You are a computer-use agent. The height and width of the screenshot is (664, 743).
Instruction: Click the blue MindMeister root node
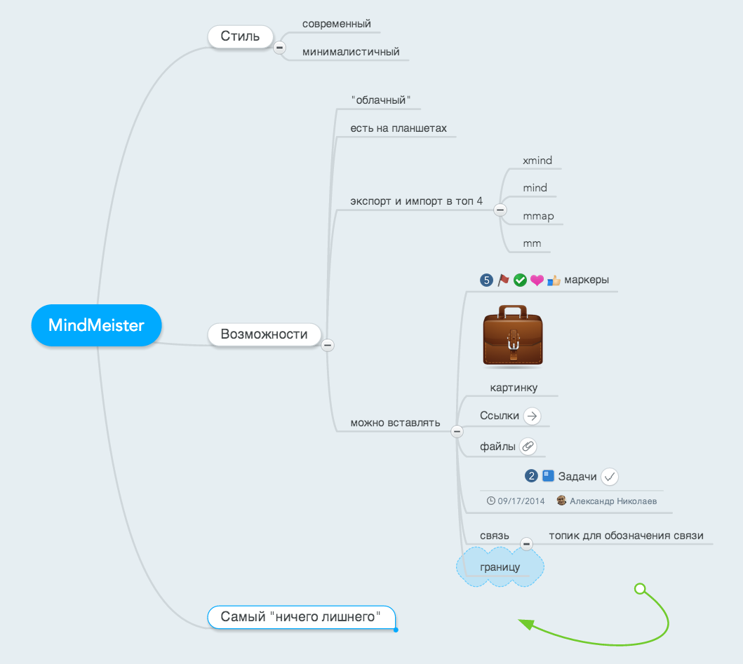click(x=97, y=325)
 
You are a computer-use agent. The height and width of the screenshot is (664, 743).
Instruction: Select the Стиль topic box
click(x=240, y=36)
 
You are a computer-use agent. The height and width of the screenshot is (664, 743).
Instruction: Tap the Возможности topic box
click(x=265, y=334)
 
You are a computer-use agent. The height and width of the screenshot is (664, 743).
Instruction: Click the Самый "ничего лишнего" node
click(x=301, y=617)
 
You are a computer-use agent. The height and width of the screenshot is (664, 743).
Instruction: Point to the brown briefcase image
click(x=513, y=335)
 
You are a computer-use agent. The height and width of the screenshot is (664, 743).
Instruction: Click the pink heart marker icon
click(x=537, y=280)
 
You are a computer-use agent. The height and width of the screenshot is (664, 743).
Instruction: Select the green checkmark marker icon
click(x=521, y=280)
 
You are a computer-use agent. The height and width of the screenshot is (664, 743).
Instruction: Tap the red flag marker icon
click(x=503, y=280)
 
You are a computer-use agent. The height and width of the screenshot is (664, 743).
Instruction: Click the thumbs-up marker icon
click(x=554, y=280)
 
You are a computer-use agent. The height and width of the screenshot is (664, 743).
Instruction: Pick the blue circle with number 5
click(x=487, y=280)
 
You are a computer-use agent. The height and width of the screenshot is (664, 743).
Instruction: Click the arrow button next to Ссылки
click(x=532, y=416)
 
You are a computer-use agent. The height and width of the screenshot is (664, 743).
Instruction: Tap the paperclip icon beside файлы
click(x=528, y=446)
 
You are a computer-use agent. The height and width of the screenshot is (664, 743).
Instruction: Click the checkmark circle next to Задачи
click(x=610, y=477)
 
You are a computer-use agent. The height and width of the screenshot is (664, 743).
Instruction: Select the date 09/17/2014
click(x=521, y=501)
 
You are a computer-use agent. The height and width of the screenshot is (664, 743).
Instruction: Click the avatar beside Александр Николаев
click(x=561, y=501)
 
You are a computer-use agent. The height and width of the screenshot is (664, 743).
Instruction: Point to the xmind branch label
click(x=537, y=161)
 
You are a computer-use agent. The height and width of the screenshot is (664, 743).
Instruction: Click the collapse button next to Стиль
click(x=279, y=48)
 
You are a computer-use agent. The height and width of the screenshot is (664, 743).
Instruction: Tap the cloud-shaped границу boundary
click(x=500, y=567)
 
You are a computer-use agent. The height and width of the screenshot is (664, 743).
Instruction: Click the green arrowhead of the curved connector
click(x=526, y=624)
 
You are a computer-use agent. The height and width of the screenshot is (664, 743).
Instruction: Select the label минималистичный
click(x=351, y=52)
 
